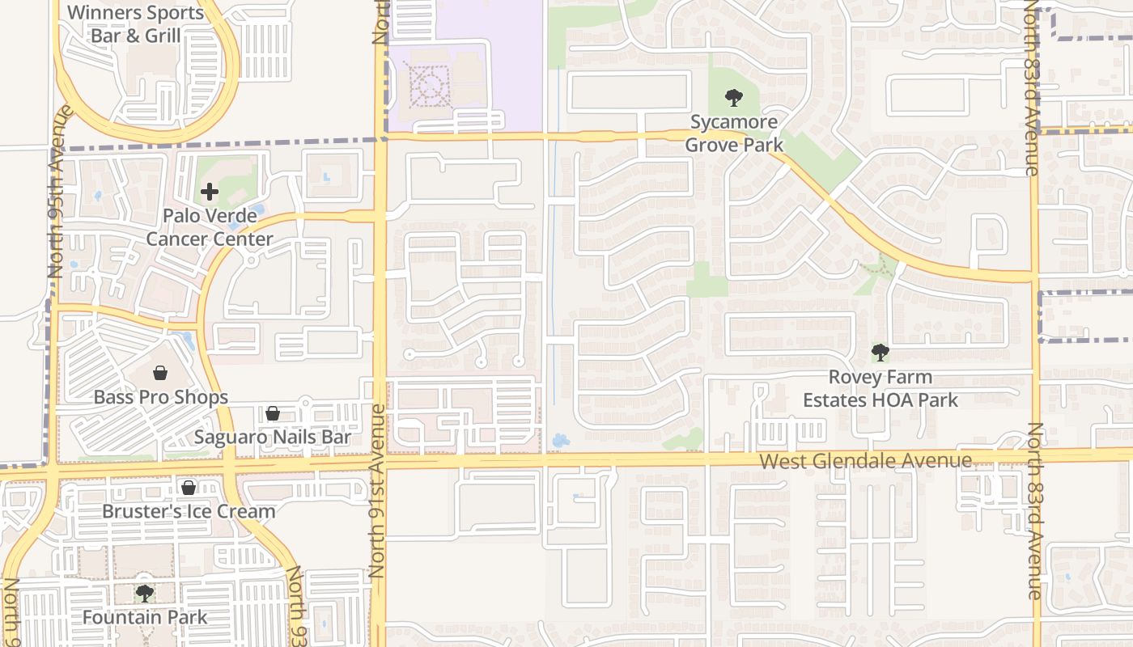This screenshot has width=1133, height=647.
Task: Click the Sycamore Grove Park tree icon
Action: pyautogui.click(x=734, y=99)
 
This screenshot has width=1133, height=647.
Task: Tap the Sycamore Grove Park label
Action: pyautogui.click(x=734, y=133)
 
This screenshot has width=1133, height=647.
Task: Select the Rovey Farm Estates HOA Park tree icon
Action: pyautogui.click(x=881, y=352)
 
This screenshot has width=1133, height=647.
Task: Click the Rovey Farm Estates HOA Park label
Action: pyautogui.click(x=881, y=388)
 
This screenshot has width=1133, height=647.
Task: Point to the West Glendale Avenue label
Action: pyautogui.click(x=865, y=461)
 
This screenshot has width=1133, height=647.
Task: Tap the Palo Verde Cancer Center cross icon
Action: pyautogui.click(x=210, y=192)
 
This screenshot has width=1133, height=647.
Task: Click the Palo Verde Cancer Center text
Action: pyautogui.click(x=210, y=227)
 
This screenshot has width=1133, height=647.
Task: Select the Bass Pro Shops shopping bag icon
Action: pyautogui.click(x=160, y=373)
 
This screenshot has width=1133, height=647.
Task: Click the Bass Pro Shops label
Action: pyautogui.click(x=161, y=397)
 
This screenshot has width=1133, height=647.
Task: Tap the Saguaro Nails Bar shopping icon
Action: pyautogui.click(x=273, y=413)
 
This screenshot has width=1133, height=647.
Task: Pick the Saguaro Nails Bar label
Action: pyautogui.click(x=273, y=438)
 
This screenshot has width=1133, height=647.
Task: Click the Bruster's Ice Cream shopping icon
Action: pyautogui.click(x=189, y=488)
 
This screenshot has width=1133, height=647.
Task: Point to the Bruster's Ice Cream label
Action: pyautogui.click(x=189, y=511)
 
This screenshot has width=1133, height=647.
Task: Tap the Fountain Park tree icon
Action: pyautogui.click(x=145, y=594)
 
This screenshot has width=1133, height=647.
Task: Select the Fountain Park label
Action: pyautogui.click(x=145, y=617)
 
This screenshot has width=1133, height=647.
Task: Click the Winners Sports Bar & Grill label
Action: pyautogui.click(x=136, y=24)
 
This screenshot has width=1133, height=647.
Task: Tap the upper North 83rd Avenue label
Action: pyautogui.click(x=1030, y=89)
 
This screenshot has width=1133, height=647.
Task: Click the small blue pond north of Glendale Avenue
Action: pyautogui.click(x=558, y=442)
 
